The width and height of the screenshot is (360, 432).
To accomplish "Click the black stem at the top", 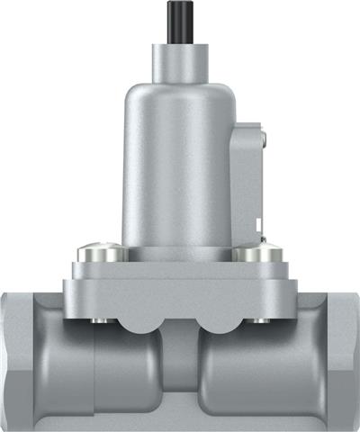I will coord(180,22).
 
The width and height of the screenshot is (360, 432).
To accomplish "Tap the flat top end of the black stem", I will coord(180,4).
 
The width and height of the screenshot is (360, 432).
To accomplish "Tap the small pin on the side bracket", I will coord(263,137).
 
